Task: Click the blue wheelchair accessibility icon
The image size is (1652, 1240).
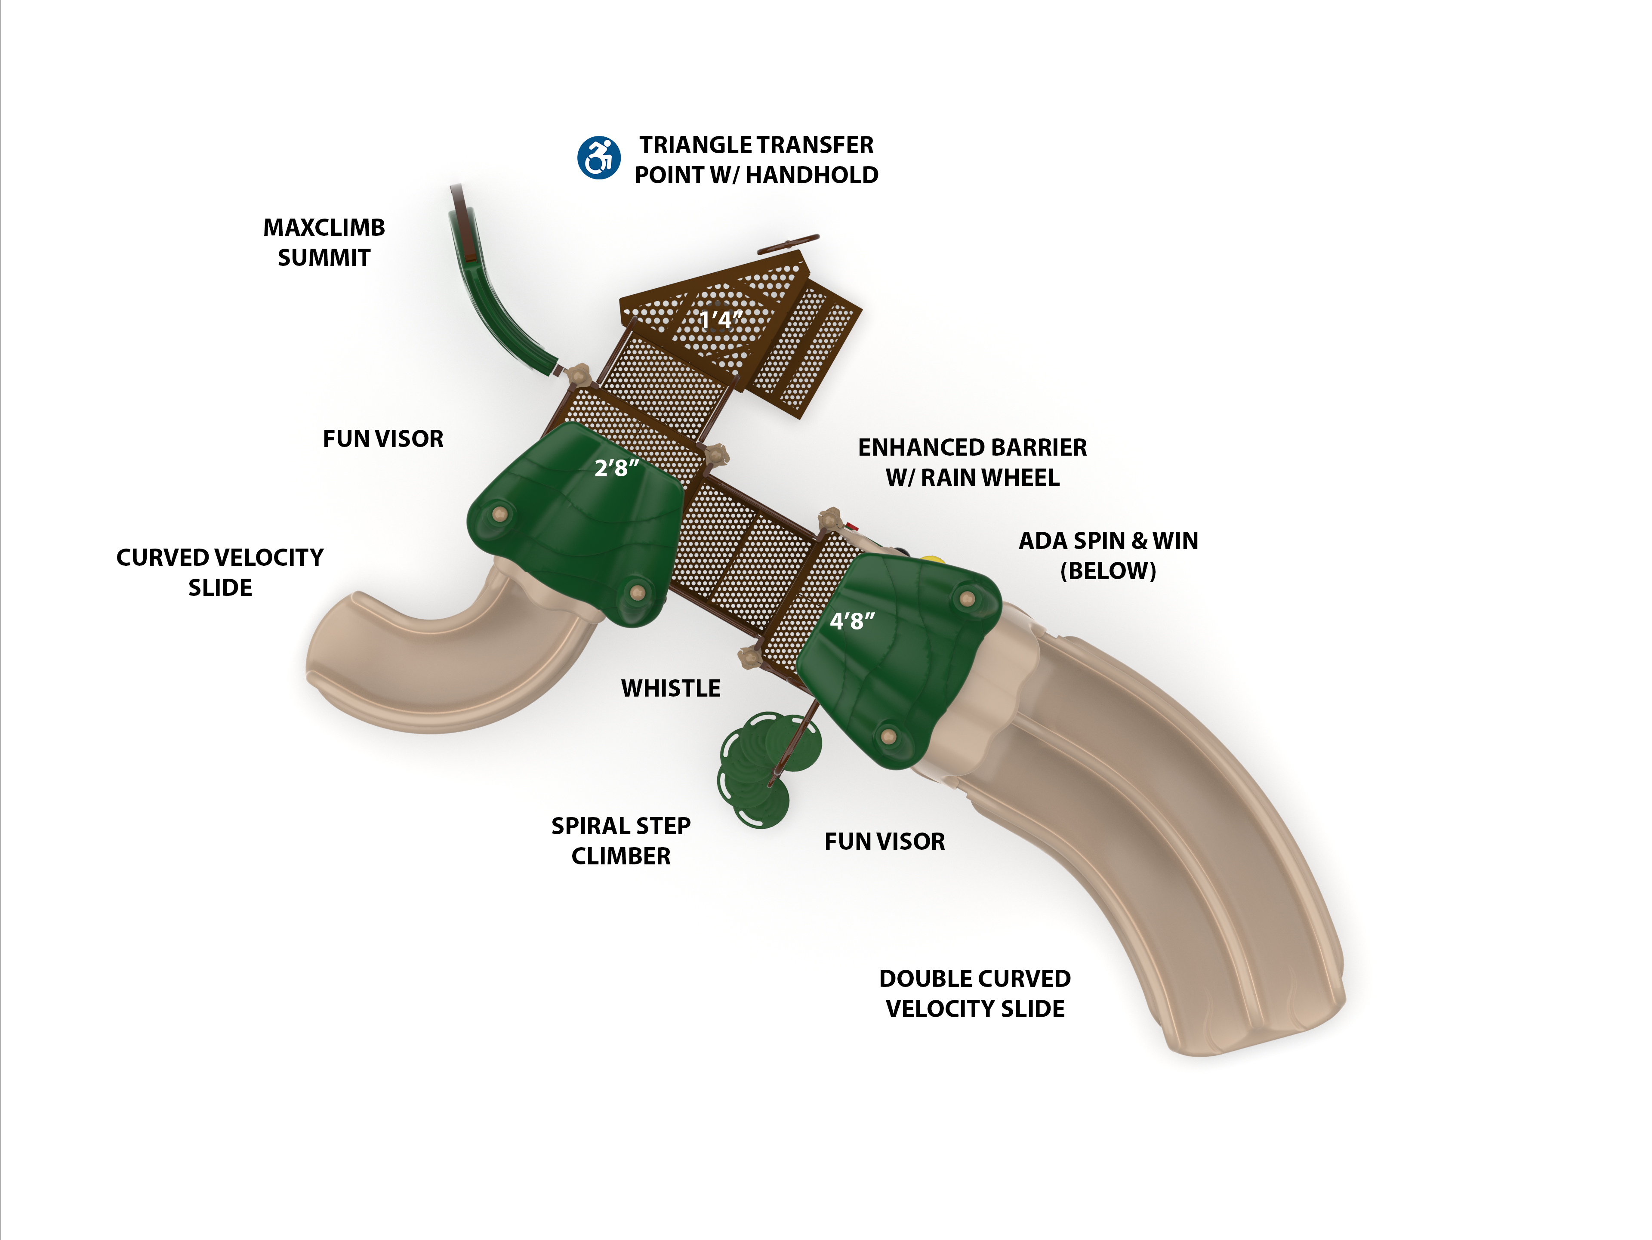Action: (598, 157)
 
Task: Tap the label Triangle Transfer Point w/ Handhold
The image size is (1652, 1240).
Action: (756, 160)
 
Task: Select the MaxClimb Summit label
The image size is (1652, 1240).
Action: (324, 242)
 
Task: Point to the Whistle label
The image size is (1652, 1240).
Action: (671, 688)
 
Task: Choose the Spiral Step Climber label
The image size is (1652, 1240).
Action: (621, 841)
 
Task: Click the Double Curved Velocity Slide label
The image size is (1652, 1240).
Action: (974, 993)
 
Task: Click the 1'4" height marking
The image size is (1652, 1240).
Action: (720, 321)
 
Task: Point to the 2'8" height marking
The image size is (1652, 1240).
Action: (616, 469)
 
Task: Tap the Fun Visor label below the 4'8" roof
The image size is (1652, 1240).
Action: (884, 842)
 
